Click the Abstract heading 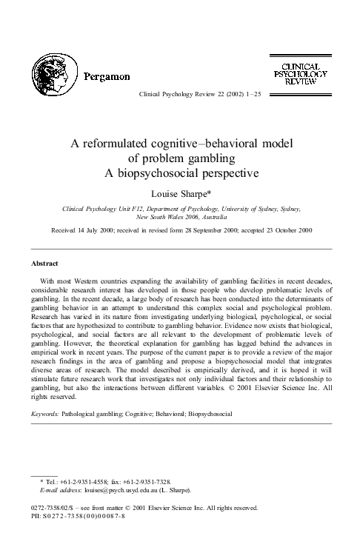pyautogui.click(x=45, y=263)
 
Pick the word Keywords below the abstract pyautogui.click(x=46, y=414)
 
